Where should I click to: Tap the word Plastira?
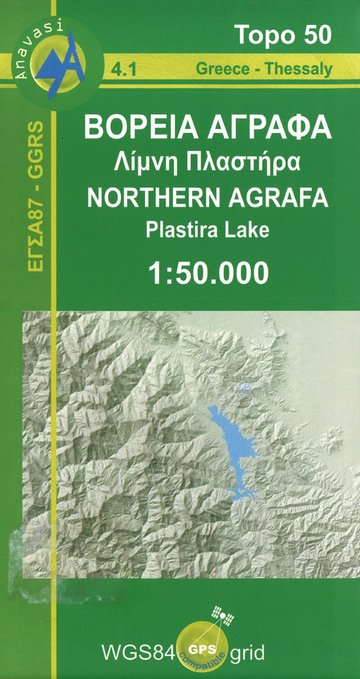(x=180, y=229)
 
